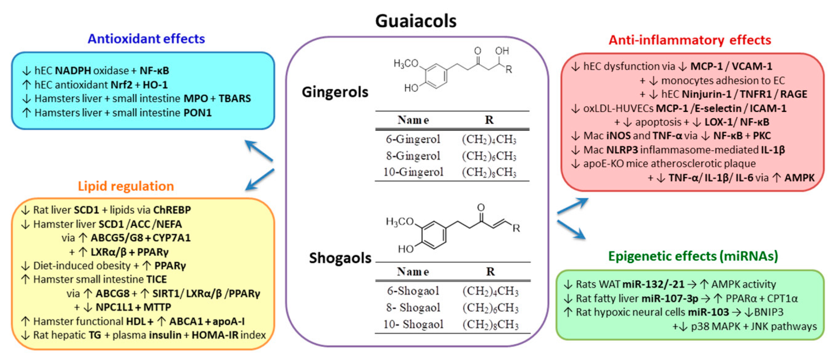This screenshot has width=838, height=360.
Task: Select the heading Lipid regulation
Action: coord(126,186)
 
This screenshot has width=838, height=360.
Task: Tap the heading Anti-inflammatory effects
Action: coord(690,40)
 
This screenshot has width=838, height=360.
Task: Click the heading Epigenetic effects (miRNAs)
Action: coord(693,256)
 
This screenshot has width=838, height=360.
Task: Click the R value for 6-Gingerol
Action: coord(489,139)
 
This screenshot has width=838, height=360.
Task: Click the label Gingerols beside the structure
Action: coord(335,92)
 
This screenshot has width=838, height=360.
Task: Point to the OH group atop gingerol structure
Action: coord(502,51)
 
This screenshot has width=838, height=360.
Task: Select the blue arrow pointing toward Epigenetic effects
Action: coord(571,230)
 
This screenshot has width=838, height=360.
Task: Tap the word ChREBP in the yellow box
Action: coord(172,210)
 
